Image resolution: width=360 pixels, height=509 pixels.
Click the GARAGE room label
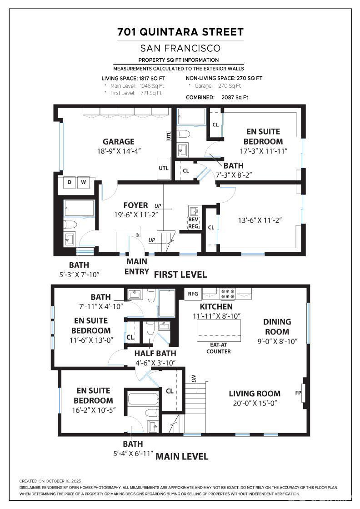119,141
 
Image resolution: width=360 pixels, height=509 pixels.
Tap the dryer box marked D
69,182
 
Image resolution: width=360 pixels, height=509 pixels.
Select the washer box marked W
84,182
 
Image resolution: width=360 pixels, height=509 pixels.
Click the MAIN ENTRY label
137,266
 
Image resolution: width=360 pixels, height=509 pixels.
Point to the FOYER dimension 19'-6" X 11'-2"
136,215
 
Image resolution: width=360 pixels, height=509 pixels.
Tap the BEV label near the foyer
193,220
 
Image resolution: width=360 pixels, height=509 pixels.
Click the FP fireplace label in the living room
298,393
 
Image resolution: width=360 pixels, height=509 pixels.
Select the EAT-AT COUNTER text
219,348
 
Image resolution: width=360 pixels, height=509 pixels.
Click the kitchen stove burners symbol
228,294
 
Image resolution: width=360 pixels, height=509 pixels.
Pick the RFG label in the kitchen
193,294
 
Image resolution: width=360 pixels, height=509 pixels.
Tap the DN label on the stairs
194,379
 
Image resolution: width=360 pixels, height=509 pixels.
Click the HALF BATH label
155,353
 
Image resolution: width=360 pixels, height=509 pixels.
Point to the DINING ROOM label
277,327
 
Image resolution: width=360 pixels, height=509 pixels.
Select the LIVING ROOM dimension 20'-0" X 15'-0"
255,403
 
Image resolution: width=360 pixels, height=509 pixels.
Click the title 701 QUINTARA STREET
180,32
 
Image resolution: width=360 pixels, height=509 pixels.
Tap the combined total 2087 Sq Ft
235,97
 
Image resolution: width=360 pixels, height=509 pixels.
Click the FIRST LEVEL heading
180,274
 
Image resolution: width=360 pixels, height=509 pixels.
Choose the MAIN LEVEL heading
182,456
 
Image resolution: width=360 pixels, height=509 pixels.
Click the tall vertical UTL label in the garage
169,135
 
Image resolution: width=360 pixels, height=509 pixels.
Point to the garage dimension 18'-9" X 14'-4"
119,151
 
